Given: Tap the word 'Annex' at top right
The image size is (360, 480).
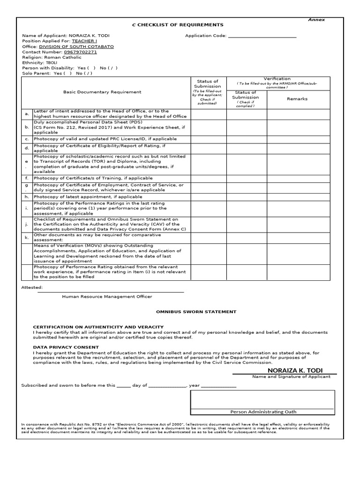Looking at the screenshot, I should (x=316, y=20).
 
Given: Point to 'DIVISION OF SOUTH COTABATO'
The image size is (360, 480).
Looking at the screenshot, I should (x=76, y=47).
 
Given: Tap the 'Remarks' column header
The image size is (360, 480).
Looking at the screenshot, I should (x=297, y=99).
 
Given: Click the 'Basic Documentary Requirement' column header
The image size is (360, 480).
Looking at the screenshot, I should (x=95, y=92).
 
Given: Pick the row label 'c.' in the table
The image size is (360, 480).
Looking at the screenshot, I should (x=27, y=139).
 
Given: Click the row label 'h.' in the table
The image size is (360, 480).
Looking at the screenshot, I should (x=27, y=197).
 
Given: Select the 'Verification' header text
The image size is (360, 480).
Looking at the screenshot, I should (x=277, y=79).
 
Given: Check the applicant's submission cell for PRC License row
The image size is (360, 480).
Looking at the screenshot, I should (x=209, y=139).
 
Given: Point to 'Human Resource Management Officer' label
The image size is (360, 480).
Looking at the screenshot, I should (x=107, y=296).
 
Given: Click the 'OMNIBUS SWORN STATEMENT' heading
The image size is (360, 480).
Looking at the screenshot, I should (x=196, y=312).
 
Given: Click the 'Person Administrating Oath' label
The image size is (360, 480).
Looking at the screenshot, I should (x=263, y=412).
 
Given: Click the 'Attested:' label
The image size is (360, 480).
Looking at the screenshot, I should (x=32, y=287).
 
